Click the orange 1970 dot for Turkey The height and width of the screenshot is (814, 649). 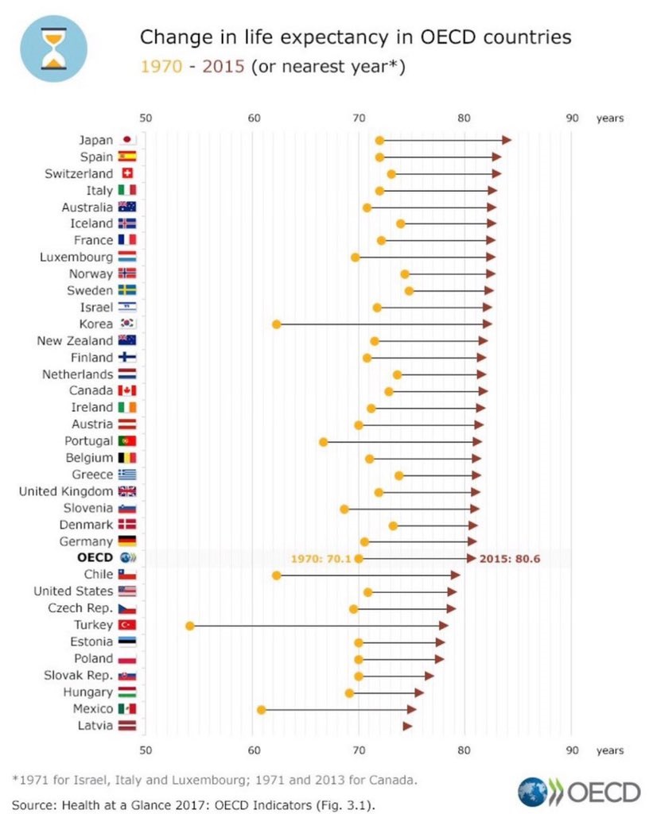190,626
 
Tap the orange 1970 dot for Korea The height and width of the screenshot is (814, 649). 276,324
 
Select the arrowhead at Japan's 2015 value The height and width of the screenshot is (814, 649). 507,141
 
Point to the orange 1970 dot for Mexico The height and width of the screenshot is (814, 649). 261,709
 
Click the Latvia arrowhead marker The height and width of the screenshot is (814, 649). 407,726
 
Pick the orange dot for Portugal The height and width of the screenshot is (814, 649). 323,441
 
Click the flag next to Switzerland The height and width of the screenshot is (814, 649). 127,173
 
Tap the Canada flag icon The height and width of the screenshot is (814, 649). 127,391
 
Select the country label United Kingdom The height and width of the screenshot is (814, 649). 66,491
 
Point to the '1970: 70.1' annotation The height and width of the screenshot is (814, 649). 321,559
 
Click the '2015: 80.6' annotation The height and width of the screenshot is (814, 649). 510,559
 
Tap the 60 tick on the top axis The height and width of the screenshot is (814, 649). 254,118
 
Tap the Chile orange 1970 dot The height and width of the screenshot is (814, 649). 276,575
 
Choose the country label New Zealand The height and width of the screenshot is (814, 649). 75,341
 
